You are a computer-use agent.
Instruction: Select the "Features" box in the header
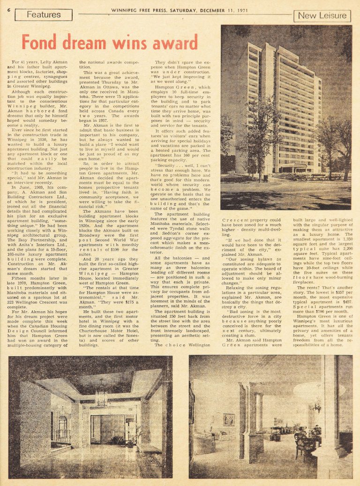(x=44, y=15)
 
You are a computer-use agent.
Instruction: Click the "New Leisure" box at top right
(x=322, y=16)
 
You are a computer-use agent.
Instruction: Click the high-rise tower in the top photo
(x=281, y=108)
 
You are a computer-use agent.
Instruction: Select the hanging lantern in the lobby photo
(x=101, y=398)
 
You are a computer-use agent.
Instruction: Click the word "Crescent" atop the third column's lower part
(x=235, y=219)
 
